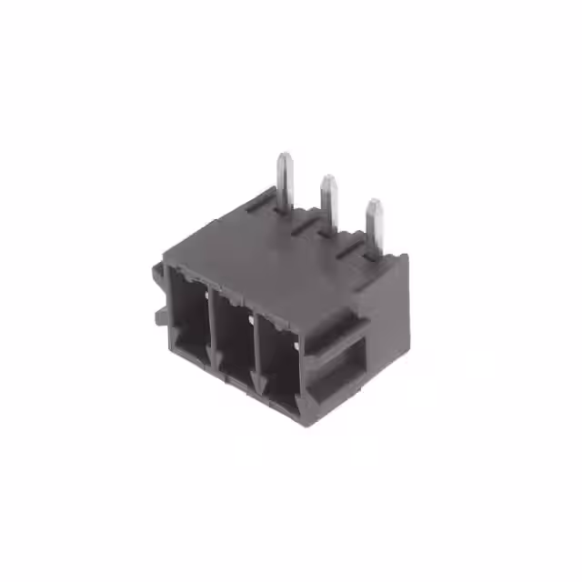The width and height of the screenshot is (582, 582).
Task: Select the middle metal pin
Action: [x=329, y=205]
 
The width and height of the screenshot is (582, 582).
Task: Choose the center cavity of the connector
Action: [x=235, y=336]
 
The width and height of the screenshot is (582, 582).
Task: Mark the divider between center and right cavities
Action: [x=257, y=344]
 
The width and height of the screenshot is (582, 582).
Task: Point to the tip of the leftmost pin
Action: [x=285, y=156]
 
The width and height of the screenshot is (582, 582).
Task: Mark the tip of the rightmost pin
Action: [x=373, y=204]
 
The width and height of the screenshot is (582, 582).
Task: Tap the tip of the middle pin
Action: [x=326, y=180]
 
